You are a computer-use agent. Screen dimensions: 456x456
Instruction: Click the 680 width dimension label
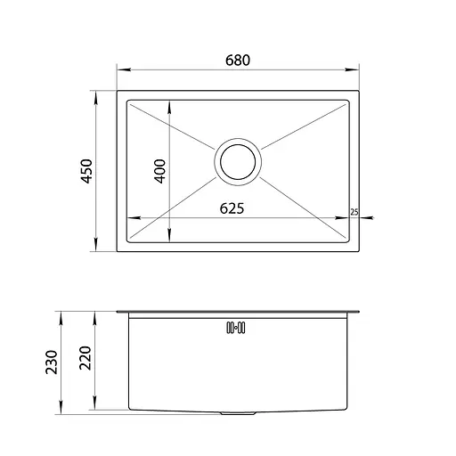pyautogui.click(x=238, y=61)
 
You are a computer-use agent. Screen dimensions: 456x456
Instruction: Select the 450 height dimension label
pyautogui.click(x=87, y=171)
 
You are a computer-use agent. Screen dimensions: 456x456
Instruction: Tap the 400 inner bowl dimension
pyautogui.click(x=159, y=171)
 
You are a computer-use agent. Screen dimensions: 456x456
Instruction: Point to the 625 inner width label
pyautogui.click(x=232, y=208)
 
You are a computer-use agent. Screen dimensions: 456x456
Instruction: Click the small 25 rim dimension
pyautogui.click(x=354, y=212)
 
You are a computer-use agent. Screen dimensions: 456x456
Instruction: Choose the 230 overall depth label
pyautogui.click(x=51, y=362)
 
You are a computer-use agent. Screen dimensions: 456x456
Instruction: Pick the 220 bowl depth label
pyautogui.click(x=85, y=358)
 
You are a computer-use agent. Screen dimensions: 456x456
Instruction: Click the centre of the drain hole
pyautogui.click(x=238, y=162)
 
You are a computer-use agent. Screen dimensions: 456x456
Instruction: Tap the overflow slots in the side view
pyautogui.click(x=236, y=328)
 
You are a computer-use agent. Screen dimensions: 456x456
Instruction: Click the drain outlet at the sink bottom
pyautogui.click(x=238, y=412)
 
